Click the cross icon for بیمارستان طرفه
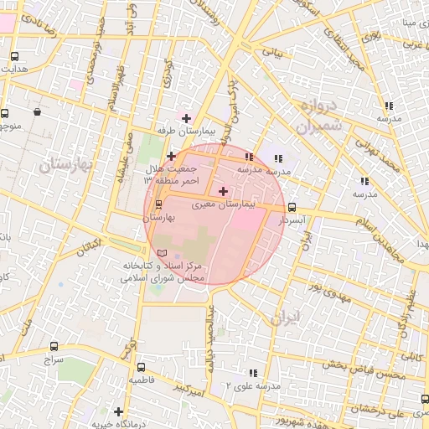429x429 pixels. (x=186, y=118)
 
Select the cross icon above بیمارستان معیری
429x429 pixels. (x=222, y=192)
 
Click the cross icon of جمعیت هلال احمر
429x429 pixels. (x=171, y=156)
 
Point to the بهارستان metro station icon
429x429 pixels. (x=159, y=204)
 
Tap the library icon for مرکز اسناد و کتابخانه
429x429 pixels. (x=162, y=253)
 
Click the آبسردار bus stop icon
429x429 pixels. (x=292, y=206)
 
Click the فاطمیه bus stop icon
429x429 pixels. (x=140, y=367)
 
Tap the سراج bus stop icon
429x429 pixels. (x=54, y=345)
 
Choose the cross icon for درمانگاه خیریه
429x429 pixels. (x=119, y=412)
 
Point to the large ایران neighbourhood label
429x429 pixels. (x=285, y=318)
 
